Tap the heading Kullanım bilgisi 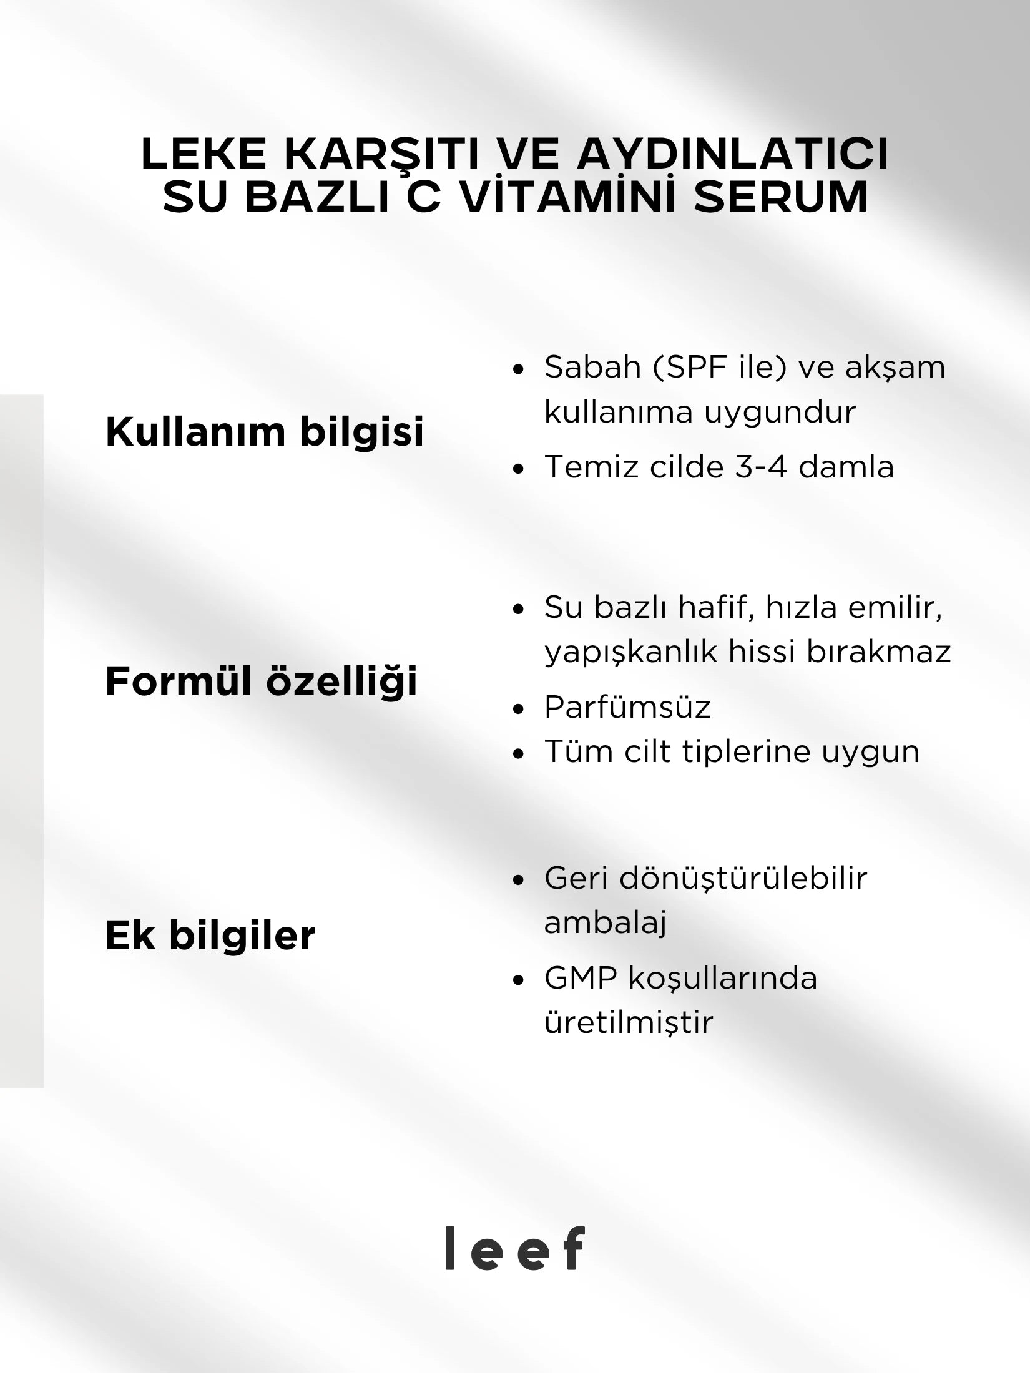(x=265, y=431)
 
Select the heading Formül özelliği (x=261, y=681)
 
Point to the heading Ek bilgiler (x=210, y=936)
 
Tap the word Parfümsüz (x=627, y=708)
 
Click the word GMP (x=581, y=978)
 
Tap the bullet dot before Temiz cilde (x=517, y=469)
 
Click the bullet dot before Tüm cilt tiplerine (x=517, y=753)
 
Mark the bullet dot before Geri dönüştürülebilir (x=517, y=881)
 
